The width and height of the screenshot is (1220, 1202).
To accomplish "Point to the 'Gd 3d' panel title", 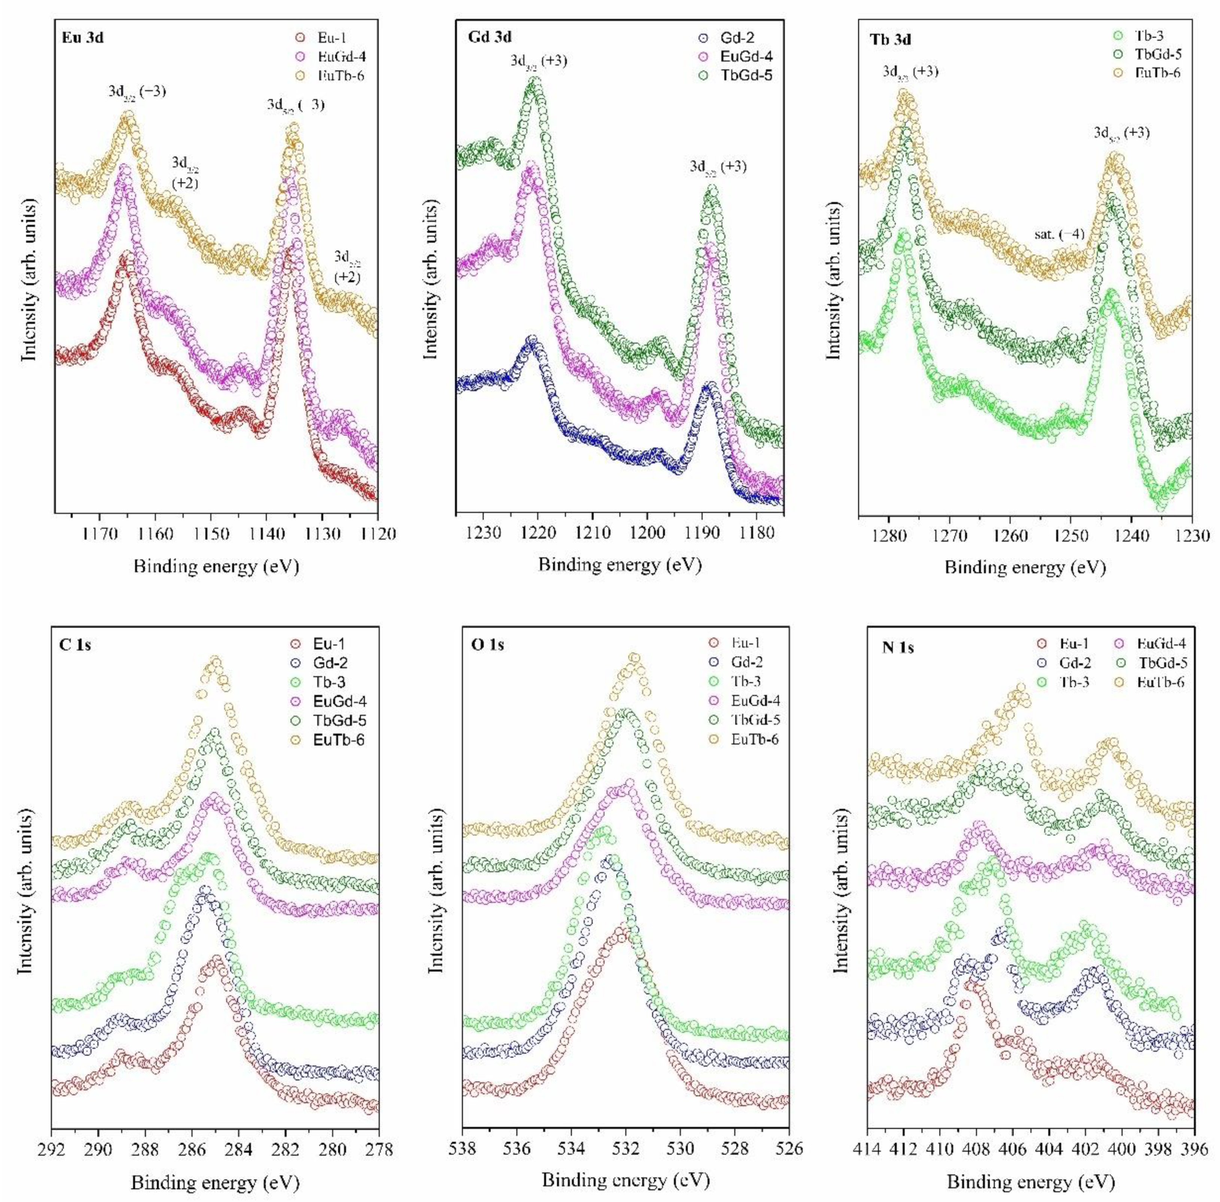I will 490,37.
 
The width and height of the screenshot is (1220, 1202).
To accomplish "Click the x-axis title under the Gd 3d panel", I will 620,564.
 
